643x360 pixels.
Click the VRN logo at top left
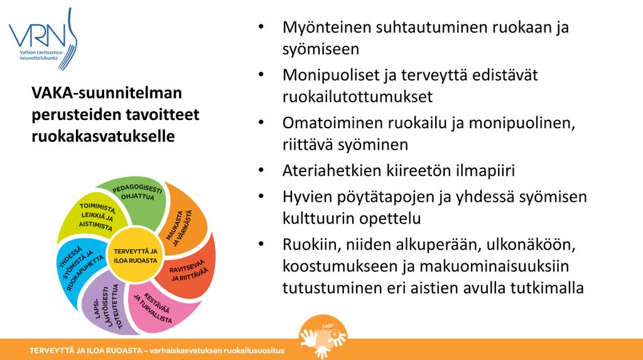(43, 39)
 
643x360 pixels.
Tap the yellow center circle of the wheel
(136, 255)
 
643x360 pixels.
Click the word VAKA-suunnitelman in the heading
(107, 93)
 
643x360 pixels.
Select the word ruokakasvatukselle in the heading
(103, 136)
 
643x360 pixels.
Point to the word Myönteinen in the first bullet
(326, 28)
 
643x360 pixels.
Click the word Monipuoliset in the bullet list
(330, 75)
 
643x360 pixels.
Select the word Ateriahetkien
(332, 170)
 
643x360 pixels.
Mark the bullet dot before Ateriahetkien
(261, 170)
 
